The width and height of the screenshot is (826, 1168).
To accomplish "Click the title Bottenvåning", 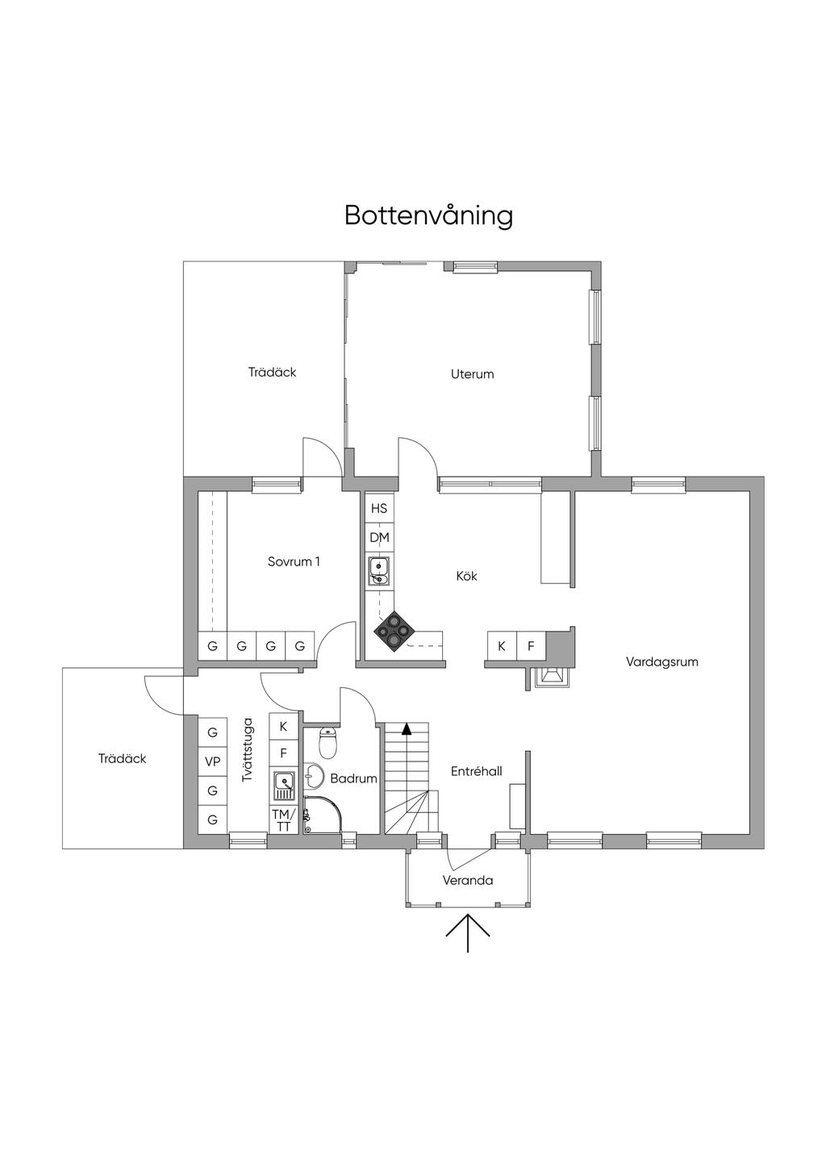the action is [x=428, y=216].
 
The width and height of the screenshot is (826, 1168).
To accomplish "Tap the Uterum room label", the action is [x=473, y=374].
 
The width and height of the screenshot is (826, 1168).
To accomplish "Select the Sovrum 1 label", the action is [x=294, y=561].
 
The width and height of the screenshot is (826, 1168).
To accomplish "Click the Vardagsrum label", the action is [x=661, y=662].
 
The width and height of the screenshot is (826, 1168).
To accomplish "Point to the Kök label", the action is [x=466, y=576].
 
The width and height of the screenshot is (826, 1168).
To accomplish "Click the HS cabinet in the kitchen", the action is [x=379, y=509].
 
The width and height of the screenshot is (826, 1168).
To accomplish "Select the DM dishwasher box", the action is [x=379, y=537].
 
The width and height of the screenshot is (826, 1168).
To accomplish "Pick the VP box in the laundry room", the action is [x=213, y=761].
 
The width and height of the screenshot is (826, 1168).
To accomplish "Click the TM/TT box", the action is [x=283, y=820].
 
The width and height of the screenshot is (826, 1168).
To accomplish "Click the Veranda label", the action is [x=468, y=880].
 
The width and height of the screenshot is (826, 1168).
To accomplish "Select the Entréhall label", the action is [x=476, y=772].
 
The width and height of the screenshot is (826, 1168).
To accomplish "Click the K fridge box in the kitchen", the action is [x=502, y=646].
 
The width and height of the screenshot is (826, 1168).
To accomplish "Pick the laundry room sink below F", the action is [x=283, y=783].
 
